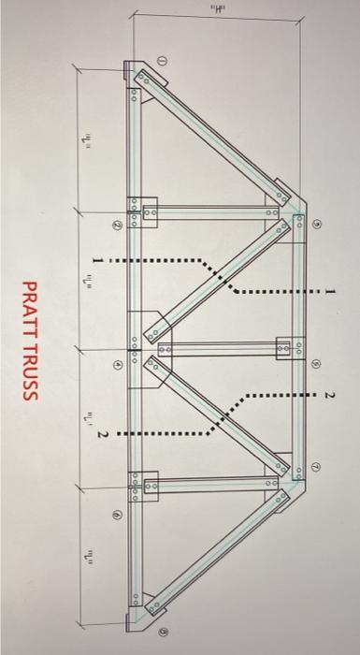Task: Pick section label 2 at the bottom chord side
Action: [x=103, y=434]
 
